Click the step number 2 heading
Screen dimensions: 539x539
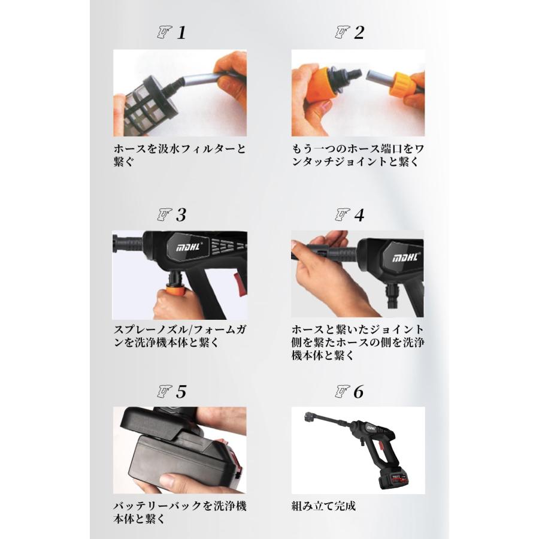(359, 33)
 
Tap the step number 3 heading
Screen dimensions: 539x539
(181, 215)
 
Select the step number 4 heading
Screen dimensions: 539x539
(359, 215)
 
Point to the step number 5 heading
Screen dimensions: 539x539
(181, 392)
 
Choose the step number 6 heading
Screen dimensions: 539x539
(359, 392)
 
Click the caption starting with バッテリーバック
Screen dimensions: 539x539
(180, 513)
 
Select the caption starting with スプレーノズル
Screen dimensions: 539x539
(180, 336)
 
